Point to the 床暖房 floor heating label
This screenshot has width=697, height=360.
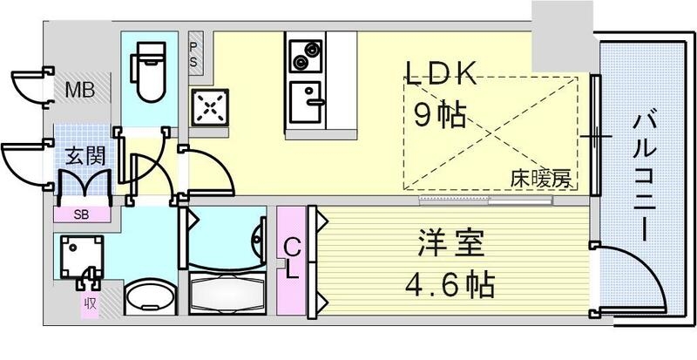540,180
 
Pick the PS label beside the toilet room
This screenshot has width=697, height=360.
194,54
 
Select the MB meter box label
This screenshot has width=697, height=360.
83,88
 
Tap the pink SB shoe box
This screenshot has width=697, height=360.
84,214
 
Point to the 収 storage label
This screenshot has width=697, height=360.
91,303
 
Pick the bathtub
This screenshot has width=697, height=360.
226,291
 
